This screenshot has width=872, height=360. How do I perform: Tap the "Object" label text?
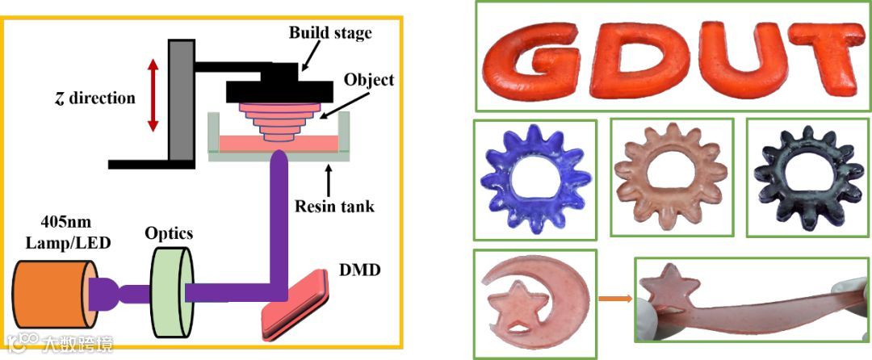(368, 80)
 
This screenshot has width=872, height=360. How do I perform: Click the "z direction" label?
(88, 98)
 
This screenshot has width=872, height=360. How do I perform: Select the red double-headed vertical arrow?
(151, 94)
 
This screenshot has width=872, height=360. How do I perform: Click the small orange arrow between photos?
(614, 301)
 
